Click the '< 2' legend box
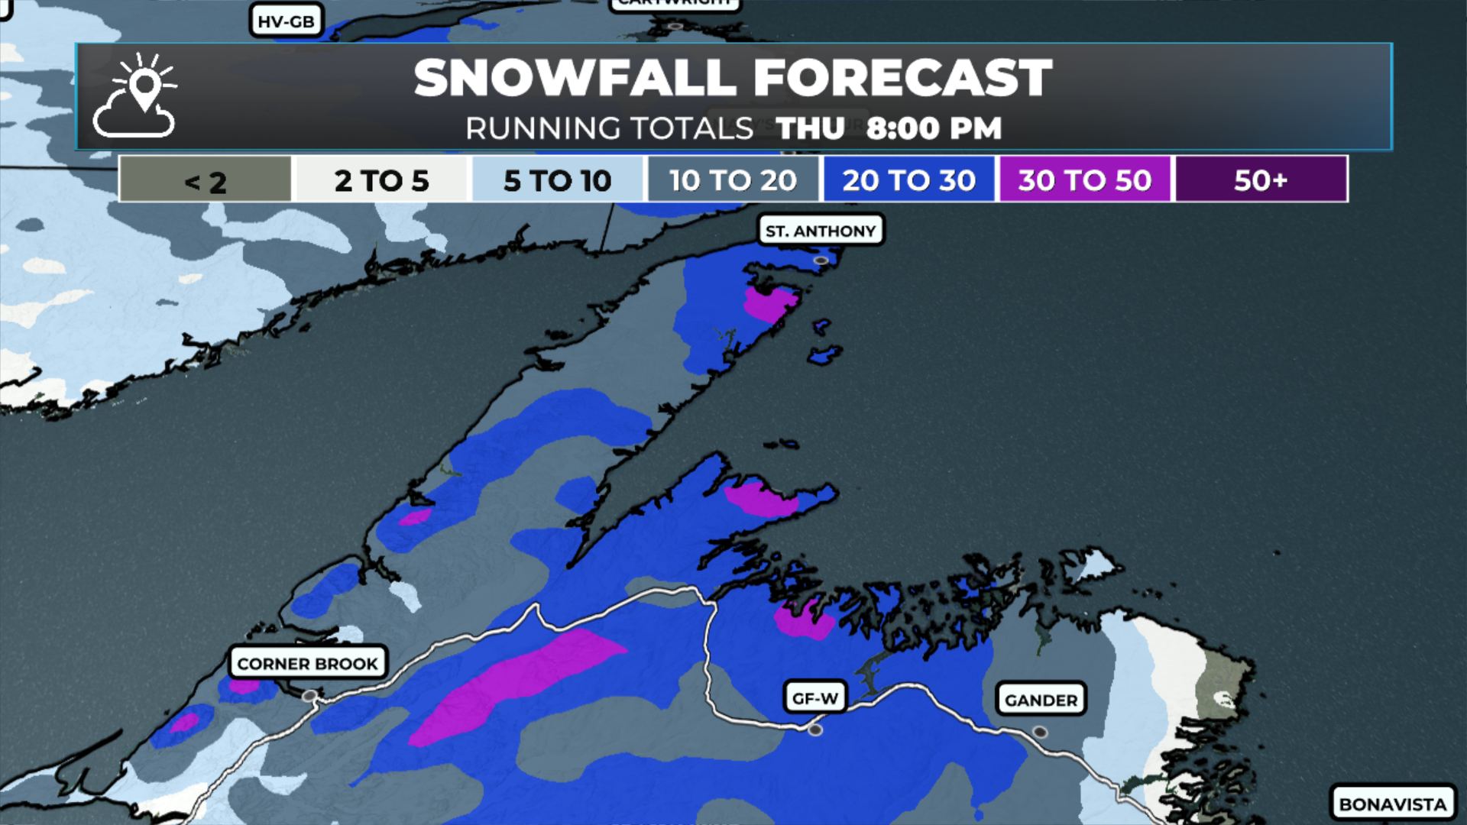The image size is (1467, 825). click(205, 180)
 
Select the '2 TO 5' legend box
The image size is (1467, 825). click(381, 180)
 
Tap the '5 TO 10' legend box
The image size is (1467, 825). click(557, 180)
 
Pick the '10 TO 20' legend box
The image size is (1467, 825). click(733, 180)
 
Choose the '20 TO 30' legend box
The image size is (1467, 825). click(908, 180)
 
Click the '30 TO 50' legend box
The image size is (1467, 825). click(1084, 180)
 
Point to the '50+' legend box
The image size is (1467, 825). click(1261, 180)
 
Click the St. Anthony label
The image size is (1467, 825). click(821, 231)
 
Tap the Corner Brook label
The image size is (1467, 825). click(307, 663)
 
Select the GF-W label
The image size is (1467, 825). click(815, 698)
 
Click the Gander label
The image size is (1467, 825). click(1041, 700)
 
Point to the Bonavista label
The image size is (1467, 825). click(1392, 804)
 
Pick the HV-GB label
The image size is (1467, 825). click(286, 21)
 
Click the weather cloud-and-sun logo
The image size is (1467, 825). click(136, 96)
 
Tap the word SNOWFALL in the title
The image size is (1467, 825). click(575, 78)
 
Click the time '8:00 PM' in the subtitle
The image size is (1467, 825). click(934, 128)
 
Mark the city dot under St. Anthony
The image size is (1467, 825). click(821, 260)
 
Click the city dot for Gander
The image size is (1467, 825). click(1040, 732)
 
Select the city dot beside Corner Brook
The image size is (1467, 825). click(309, 696)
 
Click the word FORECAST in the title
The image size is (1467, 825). click(902, 78)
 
